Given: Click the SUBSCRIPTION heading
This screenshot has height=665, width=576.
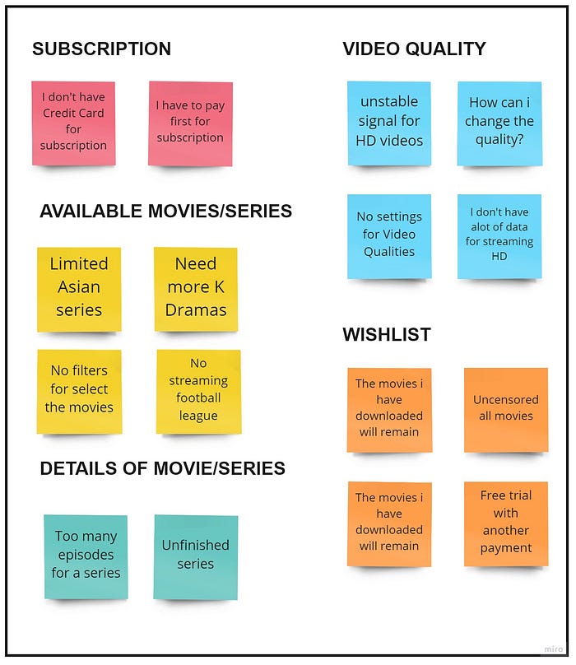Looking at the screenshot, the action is (101, 49).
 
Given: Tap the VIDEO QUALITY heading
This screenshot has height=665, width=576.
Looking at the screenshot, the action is (414, 49).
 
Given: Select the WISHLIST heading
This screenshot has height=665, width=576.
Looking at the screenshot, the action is (386, 335).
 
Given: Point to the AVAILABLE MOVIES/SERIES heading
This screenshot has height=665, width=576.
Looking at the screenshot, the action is (165, 212).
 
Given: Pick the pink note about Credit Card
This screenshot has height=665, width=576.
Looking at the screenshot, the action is (74, 123).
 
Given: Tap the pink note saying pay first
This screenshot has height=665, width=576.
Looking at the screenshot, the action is (190, 123).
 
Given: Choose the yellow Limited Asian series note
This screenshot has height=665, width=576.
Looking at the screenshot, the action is (79, 287).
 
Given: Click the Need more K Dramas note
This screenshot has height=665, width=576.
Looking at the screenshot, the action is (196, 287).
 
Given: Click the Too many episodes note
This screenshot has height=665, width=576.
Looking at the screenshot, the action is (86, 556).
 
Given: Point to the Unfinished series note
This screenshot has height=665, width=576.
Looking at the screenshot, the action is (196, 556).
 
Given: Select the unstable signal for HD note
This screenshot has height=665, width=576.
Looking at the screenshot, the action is (389, 122).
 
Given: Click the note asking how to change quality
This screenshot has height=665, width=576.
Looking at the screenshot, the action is (499, 122).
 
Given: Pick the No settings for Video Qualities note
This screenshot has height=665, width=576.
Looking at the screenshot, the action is (389, 235).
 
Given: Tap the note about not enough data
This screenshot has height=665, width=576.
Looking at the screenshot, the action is (499, 235).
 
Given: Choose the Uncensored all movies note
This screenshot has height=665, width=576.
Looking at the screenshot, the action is (505, 409).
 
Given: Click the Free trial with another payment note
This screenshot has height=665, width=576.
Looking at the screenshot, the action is (505, 523).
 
